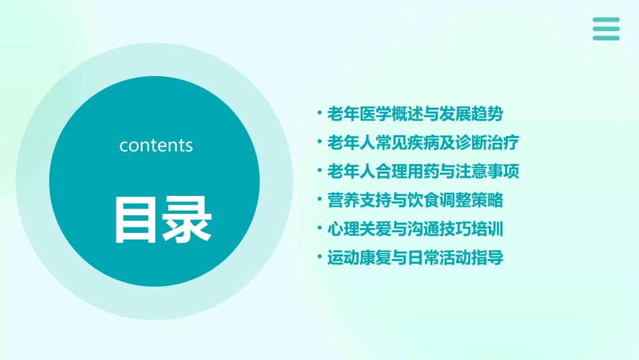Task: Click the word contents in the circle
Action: point(156,145)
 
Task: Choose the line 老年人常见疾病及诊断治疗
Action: point(423,143)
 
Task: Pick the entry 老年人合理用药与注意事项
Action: point(423,171)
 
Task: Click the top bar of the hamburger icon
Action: point(606,20)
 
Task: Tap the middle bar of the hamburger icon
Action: point(606,29)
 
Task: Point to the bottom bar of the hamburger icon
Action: point(606,38)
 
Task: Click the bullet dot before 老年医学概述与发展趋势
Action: point(319,114)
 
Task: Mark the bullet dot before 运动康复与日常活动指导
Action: point(319,257)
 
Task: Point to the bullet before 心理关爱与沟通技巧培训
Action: point(319,229)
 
